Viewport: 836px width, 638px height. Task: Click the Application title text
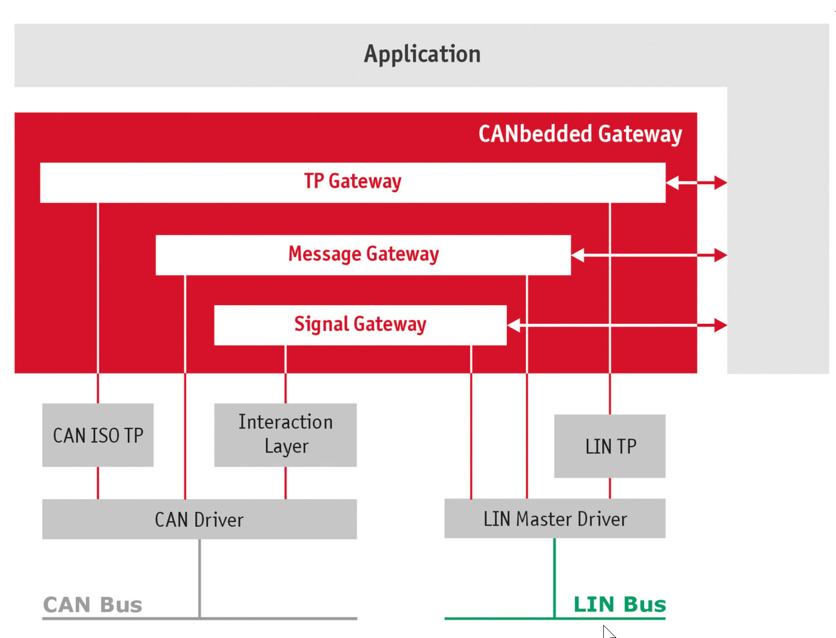tap(422, 54)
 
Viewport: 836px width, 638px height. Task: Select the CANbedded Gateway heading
tap(579, 134)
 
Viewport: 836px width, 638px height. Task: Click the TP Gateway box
tap(352, 182)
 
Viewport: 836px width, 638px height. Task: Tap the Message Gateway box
tap(363, 254)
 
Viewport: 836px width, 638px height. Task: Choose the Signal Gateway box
tap(360, 324)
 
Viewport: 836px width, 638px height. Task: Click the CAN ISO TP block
tap(98, 435)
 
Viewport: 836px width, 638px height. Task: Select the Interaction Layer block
tap(285, 434)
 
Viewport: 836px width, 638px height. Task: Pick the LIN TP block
tap(610, 446)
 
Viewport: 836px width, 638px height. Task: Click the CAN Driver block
tap(200, 519)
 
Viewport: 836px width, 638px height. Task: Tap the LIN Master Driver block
tap(555, 519)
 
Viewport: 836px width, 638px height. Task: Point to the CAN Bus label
tap(92, 605)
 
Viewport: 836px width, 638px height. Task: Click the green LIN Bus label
tap(619, 604)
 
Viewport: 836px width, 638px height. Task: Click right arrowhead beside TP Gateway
tap(720, 182)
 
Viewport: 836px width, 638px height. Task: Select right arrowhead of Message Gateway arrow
tap(720, 255)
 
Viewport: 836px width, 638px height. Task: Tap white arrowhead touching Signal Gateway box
tap(514, 325)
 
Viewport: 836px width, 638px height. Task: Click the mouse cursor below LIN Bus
tap(608, 632)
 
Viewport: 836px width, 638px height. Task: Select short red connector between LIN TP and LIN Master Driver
tap(610, 488)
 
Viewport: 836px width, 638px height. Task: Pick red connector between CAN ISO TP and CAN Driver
tap(98, 483)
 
